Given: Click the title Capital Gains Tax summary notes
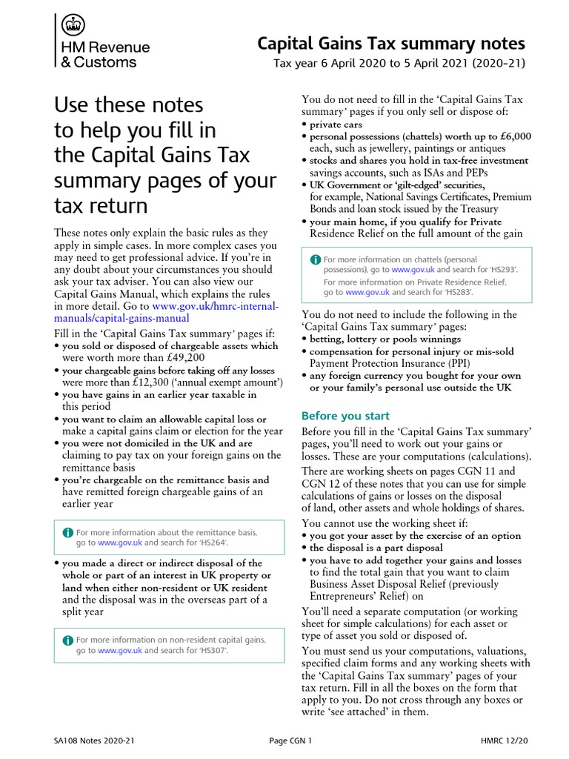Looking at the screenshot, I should click(x=390, y=44).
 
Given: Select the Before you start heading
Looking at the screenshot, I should click(x=345, y=416).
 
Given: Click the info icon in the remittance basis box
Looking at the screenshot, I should click(x=68, y=532).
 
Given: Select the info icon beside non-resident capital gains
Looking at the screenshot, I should click(x=68, y=640).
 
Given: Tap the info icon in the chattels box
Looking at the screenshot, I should click(x=316, y=259).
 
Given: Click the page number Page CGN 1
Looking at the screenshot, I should click(x=290, y=740).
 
